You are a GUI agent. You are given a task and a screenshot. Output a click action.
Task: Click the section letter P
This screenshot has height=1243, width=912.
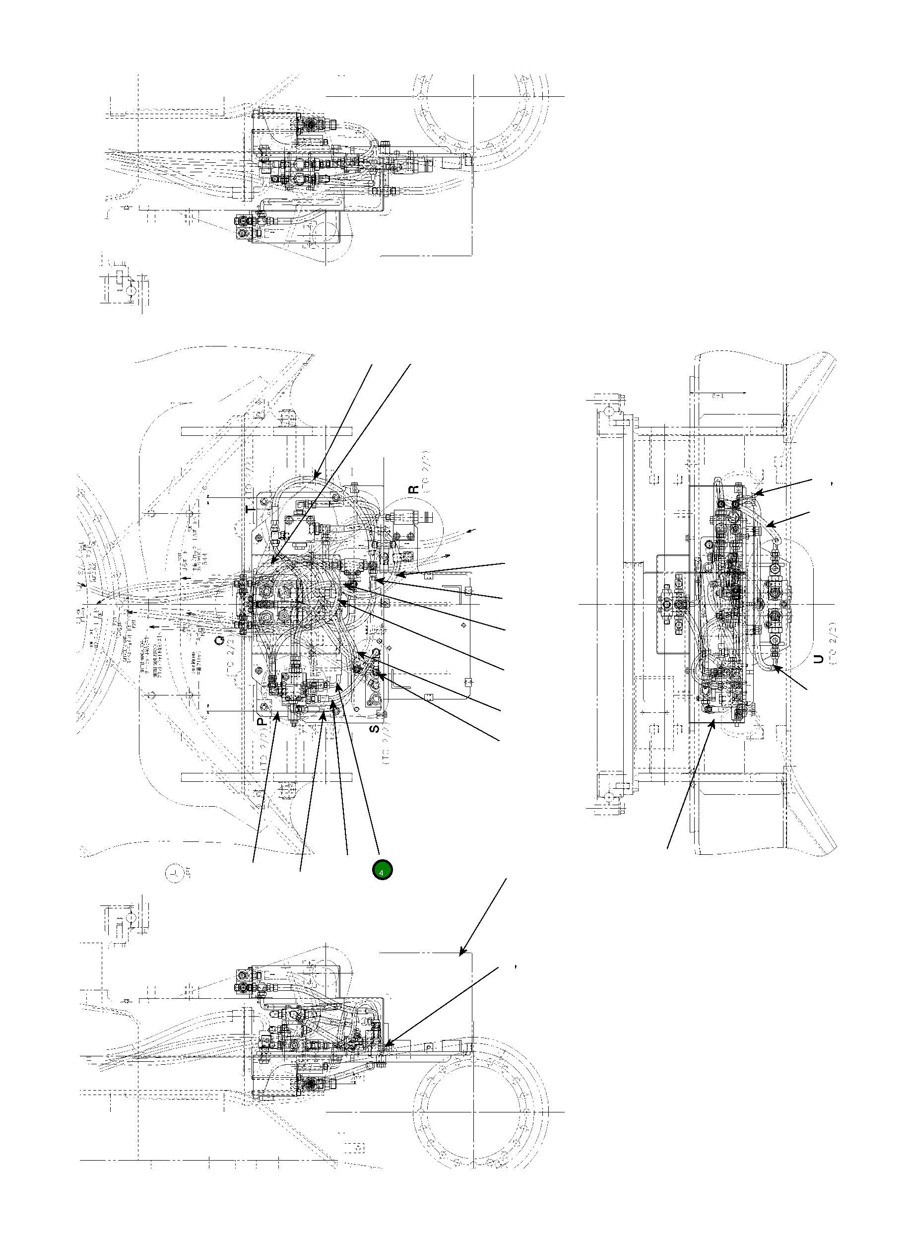pyautogui.click(x=263, y=719)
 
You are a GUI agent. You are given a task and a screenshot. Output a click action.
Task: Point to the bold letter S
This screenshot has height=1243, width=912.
pyautogui.click(x=374, y=728)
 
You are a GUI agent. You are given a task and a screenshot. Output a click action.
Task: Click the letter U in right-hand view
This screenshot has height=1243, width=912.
pyautogui.click(x=819, y=658)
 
